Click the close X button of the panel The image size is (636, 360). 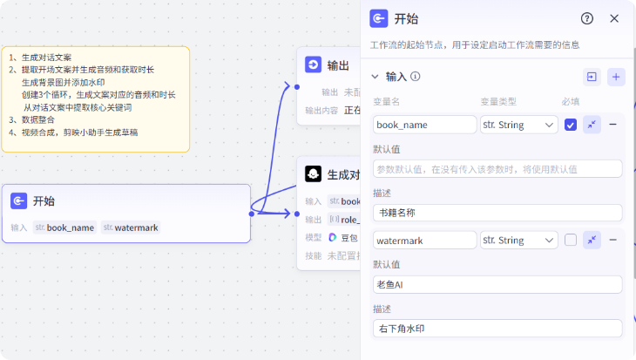coord(614,18)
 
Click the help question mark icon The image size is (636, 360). coord(587,18)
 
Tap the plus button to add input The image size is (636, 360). coord(616,77)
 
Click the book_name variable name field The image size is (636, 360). coord(424,125)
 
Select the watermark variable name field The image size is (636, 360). coord(424,240)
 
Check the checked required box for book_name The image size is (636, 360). coord(571,125)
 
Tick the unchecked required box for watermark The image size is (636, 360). coord(571,240)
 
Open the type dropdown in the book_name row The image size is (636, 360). coord(518,125)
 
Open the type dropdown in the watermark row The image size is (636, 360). coord(518,240)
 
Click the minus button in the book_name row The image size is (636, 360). coord(613,125)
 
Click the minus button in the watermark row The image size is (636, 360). coord(613,240)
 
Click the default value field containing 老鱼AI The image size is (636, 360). coord(497,284)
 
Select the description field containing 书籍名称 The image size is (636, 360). coord(497,213)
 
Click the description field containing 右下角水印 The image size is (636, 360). coord(497,329)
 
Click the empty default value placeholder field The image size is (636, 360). coord(497,169)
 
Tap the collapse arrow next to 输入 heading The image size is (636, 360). coord(376,77)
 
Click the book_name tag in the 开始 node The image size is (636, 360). coord(64,228)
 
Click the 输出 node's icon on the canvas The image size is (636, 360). coord(314,65)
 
